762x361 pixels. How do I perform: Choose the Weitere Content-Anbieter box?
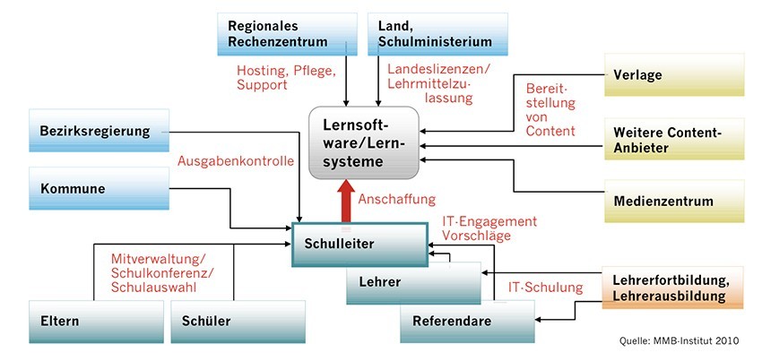click(x=673, y=140)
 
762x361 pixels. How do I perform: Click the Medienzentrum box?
click(x=673, y=199)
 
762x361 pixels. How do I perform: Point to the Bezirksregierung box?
click(x=99, y=131)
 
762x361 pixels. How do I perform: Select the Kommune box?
click(x=99, y=190)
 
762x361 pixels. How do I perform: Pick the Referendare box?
click(x=466, y=321)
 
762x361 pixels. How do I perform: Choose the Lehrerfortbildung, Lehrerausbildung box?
click(x=673, y=287)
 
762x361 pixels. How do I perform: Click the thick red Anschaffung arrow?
click(x=343, y=199)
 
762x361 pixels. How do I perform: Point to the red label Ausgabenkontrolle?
click(x=236, y=163)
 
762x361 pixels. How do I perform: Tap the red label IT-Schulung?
click(x=545, y=288)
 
